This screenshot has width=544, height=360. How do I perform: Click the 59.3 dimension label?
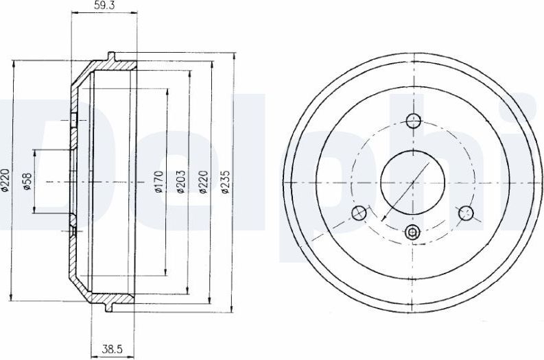coord(104,6)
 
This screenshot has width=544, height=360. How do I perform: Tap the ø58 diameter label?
coord(27,182)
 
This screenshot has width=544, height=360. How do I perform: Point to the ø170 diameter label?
coord(158,182)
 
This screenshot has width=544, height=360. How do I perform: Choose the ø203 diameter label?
coord(180,182)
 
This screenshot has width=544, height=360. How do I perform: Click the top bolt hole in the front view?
coord(412,121)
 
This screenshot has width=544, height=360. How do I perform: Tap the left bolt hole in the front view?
coord(357,213)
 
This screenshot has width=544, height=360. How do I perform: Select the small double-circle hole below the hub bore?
coord(412,233)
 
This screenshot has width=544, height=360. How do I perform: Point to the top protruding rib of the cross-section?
coord(110,55)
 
